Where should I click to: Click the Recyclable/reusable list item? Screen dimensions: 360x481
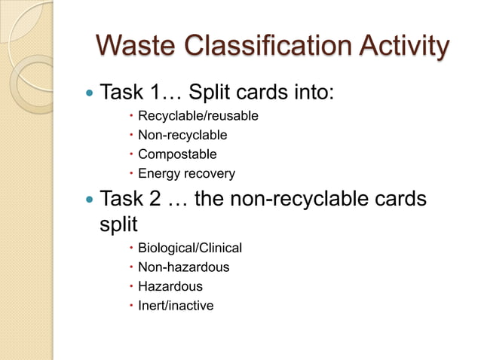pos(198,116)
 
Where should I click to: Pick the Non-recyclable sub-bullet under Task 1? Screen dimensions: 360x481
pos(182,136)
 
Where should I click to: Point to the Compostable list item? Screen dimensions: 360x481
pos(176,154)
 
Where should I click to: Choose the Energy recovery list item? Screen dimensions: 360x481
pos(185,174)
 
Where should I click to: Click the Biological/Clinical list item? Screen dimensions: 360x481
pos(189,248)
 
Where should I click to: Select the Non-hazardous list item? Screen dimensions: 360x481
pos(183,267)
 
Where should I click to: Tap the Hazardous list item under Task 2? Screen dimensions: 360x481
pos(170,286)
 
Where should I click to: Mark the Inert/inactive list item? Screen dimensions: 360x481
pos(175,306)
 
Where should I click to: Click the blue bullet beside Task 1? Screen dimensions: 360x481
pos(90,94)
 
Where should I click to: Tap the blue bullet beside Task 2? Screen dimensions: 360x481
pos(90,200)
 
